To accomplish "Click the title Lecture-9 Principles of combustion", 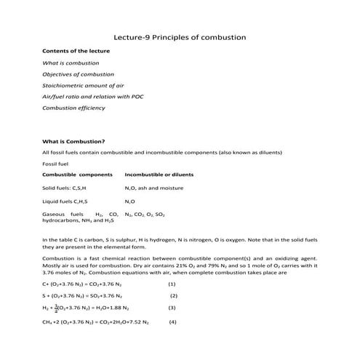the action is (x=180, y=36).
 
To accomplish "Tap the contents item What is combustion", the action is (x=71, y=63).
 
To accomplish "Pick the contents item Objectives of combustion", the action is (x=79, y=74).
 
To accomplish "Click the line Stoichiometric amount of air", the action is (x=82, y=86).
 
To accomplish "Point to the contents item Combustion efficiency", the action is (x=74, y=108).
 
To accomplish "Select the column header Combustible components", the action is (x=78, y=175).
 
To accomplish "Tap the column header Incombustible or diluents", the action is (x=159, y=175).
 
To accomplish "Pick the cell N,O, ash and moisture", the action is (x=154, y=188).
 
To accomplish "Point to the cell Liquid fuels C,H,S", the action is (x=65, y=201).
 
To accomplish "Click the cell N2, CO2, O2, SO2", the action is (x=145, y=215).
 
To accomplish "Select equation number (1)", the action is (x=172, y=284).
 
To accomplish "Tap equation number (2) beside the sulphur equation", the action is (x=174, y=296).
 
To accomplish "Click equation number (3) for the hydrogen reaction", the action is (x=172, y=308).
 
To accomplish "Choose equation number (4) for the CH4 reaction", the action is (x=172, y=321).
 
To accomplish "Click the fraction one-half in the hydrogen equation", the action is (x=61, y=308).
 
